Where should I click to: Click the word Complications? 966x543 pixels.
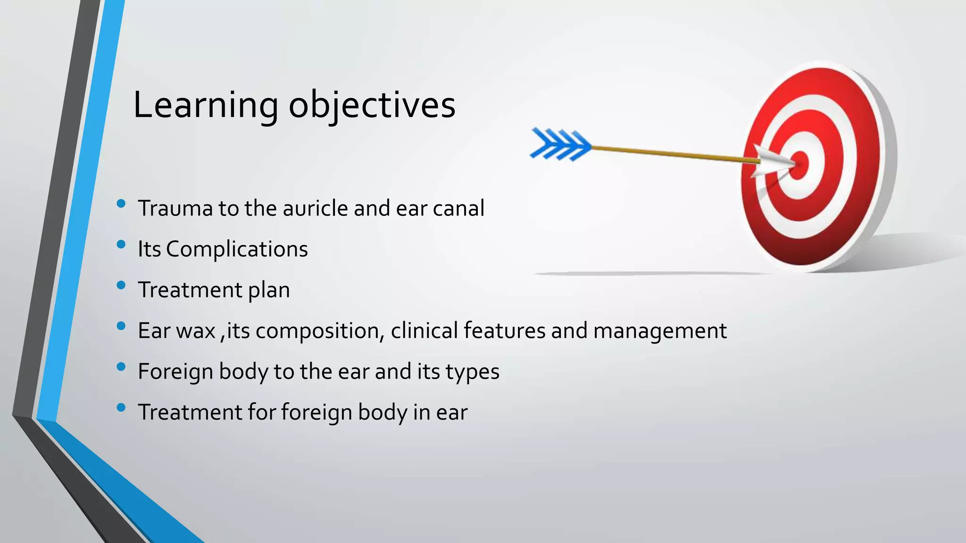tap(236, 249)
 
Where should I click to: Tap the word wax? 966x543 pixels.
tap(196, 331)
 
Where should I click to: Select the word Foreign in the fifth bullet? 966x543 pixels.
tap(175, 372)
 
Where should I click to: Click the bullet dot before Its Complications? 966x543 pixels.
tap(121, 244)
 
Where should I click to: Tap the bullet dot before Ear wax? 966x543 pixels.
tap(121, 326)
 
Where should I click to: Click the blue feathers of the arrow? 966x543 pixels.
tap(560, 144)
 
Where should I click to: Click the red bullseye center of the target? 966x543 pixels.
tap(800, 165)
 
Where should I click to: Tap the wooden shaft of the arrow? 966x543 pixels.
tap(670, 153)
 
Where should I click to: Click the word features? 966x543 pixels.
tap(504, 331)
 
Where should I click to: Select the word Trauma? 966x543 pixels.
tap(175, 208)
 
